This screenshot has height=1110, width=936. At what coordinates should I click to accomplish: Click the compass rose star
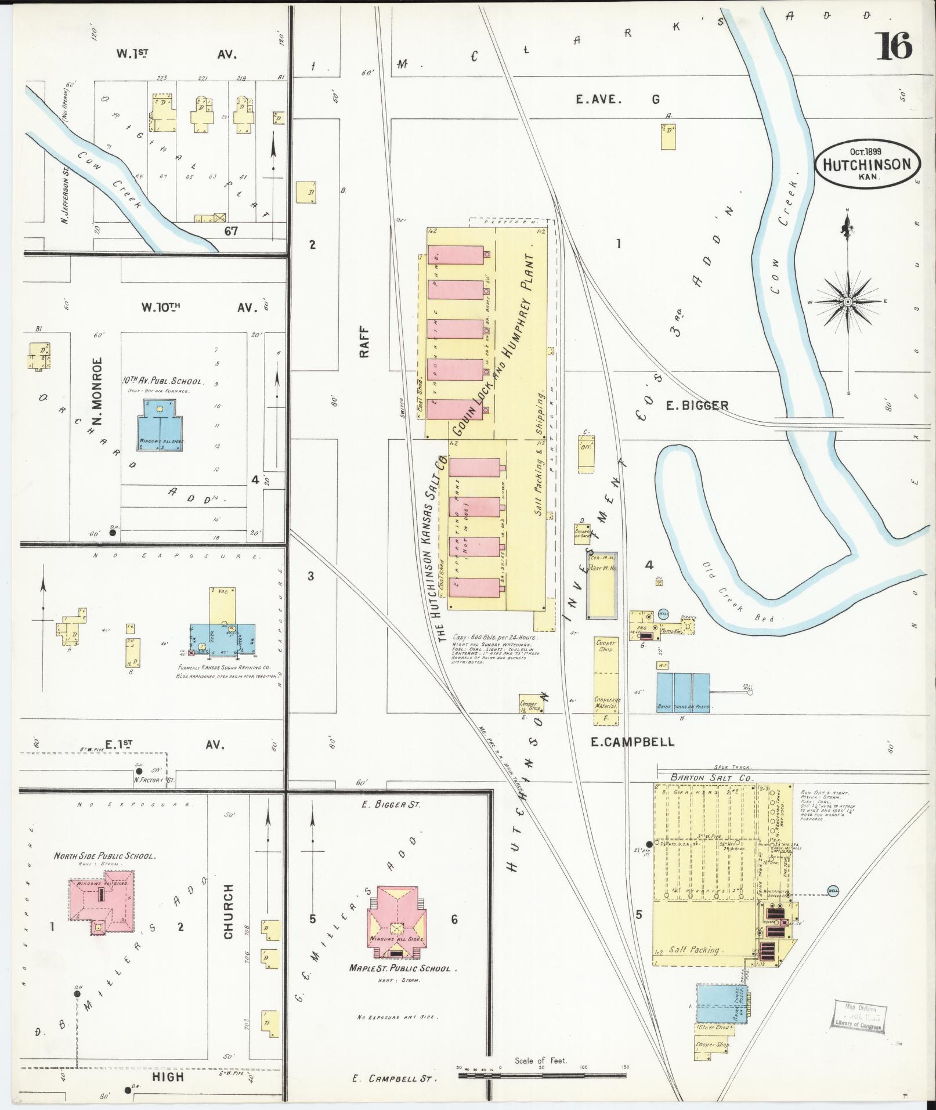click(x=848, y=302)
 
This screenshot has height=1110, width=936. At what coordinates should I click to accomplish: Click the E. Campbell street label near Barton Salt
click(x=632, y=742)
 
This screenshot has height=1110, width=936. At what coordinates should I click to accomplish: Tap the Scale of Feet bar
click(x=542, y=1075)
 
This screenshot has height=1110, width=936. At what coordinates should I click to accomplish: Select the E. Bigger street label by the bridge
click(x=696, y=405)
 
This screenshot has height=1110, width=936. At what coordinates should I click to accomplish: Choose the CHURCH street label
click(x=227, y=919)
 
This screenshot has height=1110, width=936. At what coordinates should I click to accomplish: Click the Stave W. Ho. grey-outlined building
click(x=602, y=584)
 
